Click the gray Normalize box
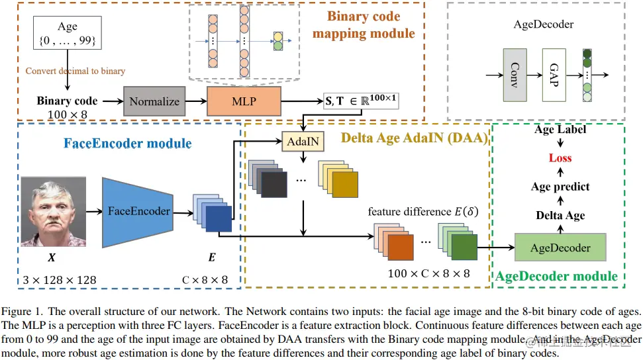pyautogui.click(x=154, y=101)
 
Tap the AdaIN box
pyautogui.click(x=301, y=141)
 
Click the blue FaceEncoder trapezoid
pyautogui.click(x=138, y=212)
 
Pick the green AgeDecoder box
pyautogui.click(x=561, y=247)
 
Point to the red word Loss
pyautogui.click(x=560, y=158)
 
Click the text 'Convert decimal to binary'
pyautogui.click(x=75, y=71)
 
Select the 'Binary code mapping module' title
pyautogui.click(x=364, y=24)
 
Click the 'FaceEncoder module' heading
pyautogui.click(x=127, y=143)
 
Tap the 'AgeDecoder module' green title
pyautogui.click(x=556, y=277)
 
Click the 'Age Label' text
pyautogui.click(x=561, y=130)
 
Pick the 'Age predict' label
pyautogui.click(x=560, y=187)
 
